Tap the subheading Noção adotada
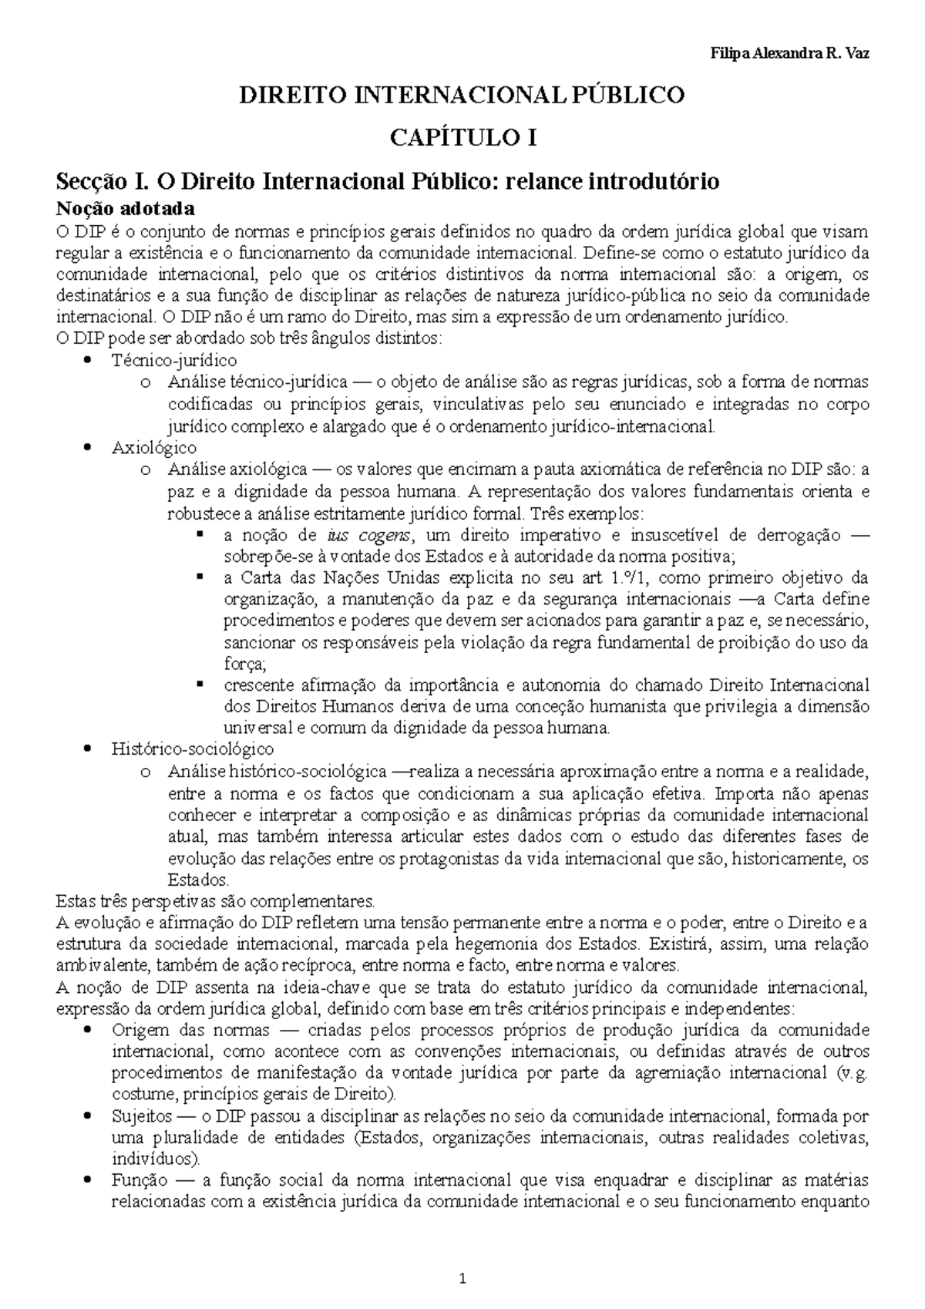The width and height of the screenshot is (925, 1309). pyautogui.click(x=126, y=208)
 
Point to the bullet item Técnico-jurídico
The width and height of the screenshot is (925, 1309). pyautogui.click(x=173, y=360)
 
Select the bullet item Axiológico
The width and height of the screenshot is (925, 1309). pyautogui.click(x=153, y=447)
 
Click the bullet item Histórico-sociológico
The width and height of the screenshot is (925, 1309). pyautogui.click(x=192, y=748)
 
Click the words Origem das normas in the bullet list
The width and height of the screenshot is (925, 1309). pyautogui.click(x=190, y=1031)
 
